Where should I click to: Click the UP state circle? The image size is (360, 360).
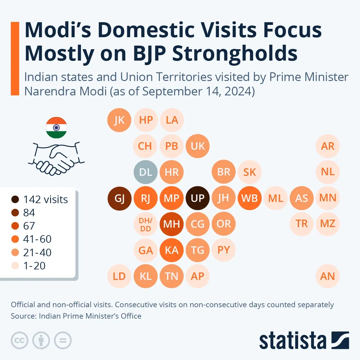197,198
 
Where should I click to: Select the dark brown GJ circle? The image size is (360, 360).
119,198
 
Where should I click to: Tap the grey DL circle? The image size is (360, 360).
145,172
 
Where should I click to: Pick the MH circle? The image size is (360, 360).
171,224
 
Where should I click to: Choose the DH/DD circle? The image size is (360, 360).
145,224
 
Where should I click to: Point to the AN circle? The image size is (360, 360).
327,276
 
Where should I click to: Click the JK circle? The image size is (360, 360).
119,120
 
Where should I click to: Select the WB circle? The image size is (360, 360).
249,198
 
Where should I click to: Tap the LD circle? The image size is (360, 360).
119,276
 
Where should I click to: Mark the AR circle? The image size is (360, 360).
327,146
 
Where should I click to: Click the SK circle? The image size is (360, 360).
249,172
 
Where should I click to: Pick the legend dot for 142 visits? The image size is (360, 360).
15,199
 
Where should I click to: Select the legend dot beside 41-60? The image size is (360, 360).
15,239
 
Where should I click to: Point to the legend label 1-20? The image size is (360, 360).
34,266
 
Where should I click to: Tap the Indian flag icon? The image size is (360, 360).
56,127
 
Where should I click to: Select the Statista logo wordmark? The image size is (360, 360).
292,341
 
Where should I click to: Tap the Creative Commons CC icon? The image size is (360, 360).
19,340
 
